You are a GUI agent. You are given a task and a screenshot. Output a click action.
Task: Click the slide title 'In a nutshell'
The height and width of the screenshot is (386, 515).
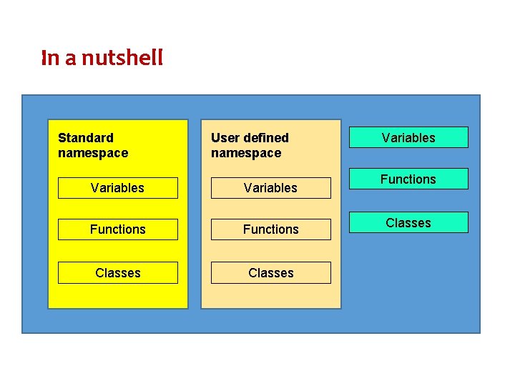click(x=102, y=58)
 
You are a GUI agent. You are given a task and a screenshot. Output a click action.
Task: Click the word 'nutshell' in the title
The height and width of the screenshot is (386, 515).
click(x=122, y=58)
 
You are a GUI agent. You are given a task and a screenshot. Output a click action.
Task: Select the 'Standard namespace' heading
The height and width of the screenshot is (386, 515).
click(x=92, y=145)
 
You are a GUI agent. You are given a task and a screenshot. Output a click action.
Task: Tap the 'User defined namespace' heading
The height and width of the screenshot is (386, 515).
click(x=250, y=145)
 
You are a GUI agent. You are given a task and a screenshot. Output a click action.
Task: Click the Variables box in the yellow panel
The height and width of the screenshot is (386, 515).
click(x=117, y=188)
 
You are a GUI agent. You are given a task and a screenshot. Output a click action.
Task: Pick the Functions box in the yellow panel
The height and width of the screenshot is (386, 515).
click(x=117, y=229)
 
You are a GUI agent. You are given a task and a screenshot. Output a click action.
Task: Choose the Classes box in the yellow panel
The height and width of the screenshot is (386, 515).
click(x=117, y=273)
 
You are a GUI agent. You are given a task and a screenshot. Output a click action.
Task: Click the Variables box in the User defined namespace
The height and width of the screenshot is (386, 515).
click(x=270, y=188)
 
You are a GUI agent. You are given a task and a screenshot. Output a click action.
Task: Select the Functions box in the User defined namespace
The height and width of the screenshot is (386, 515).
click(x=270, y=229)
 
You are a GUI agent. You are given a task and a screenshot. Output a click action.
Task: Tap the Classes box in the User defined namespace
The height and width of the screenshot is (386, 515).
click(x=270, y=273)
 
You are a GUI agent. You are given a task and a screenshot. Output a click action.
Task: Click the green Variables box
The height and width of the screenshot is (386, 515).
click(x=408, y=137)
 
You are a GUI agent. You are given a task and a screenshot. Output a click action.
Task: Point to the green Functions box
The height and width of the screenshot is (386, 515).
click(x=408, y=179)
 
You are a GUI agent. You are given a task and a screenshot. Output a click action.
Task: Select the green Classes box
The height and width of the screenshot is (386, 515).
click(x=408, y=223)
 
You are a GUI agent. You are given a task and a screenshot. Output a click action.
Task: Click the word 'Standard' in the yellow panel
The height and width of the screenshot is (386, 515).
click(x=85, y=138)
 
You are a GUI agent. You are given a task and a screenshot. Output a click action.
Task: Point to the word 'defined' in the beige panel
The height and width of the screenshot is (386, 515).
click(x=265, y=138)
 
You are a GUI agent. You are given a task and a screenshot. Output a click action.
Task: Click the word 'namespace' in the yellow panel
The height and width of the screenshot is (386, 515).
click(x=92, y=153)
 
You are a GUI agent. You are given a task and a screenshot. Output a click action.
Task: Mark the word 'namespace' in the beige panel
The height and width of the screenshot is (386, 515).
click(x=246, y=153)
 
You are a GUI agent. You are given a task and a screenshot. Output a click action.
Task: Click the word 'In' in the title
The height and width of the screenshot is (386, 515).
click(x=50, y=58)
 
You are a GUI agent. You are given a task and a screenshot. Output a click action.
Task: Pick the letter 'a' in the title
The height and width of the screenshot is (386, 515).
click(x=71, y=59)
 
